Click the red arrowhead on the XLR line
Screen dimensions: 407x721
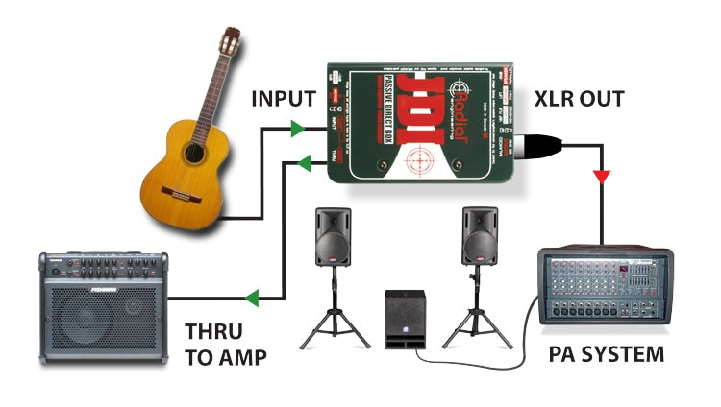[602, 177]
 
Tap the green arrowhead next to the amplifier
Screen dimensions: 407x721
[251, 299]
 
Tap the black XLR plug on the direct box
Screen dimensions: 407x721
[539, 146]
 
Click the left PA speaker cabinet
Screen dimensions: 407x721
[334, 235]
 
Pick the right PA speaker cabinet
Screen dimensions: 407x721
[479, 235]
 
